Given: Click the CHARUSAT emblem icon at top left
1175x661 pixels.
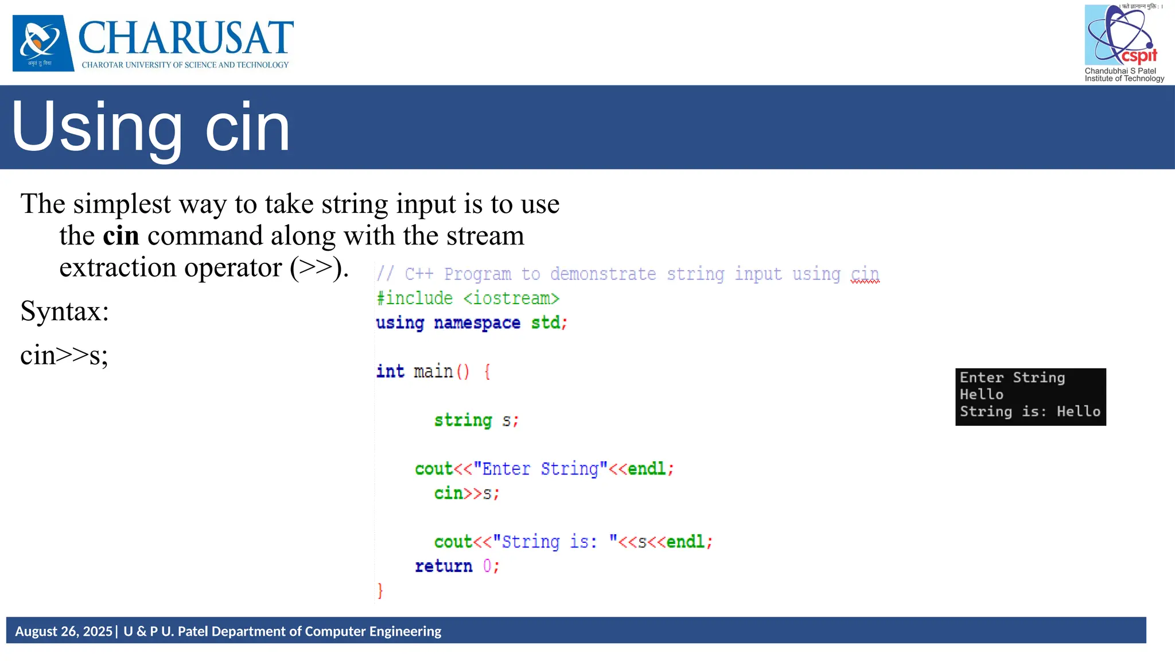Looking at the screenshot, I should click(x=43, y=43).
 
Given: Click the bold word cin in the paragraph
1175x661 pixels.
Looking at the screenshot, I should click(x=120, y=236).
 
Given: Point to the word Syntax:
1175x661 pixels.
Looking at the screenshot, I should click(x=64, y=312).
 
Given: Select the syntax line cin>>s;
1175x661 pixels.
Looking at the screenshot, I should click(x=64, y=355).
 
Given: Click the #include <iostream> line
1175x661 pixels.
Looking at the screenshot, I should click(x=468, y=298).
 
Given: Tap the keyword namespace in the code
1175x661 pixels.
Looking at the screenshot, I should click(x=477, y=323).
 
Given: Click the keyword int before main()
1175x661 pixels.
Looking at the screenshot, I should click(x=390, y=372).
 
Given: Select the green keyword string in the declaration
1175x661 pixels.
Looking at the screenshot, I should click(x=463, y=421).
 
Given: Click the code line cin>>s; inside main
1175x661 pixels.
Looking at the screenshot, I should click(x=466, y=493).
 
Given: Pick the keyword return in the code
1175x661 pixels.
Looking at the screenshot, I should click(x=443, y=566).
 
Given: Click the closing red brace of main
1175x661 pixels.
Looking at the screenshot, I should click(x=380, y=590).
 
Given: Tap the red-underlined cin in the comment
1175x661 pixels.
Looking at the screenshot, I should click(x=865, y=274).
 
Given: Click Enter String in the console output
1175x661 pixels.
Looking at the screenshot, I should click(x=1012, y=378).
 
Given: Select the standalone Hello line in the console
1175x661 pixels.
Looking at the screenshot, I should click(x=981, y=395).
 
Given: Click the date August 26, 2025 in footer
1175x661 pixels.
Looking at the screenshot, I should click(x=64, y=632).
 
